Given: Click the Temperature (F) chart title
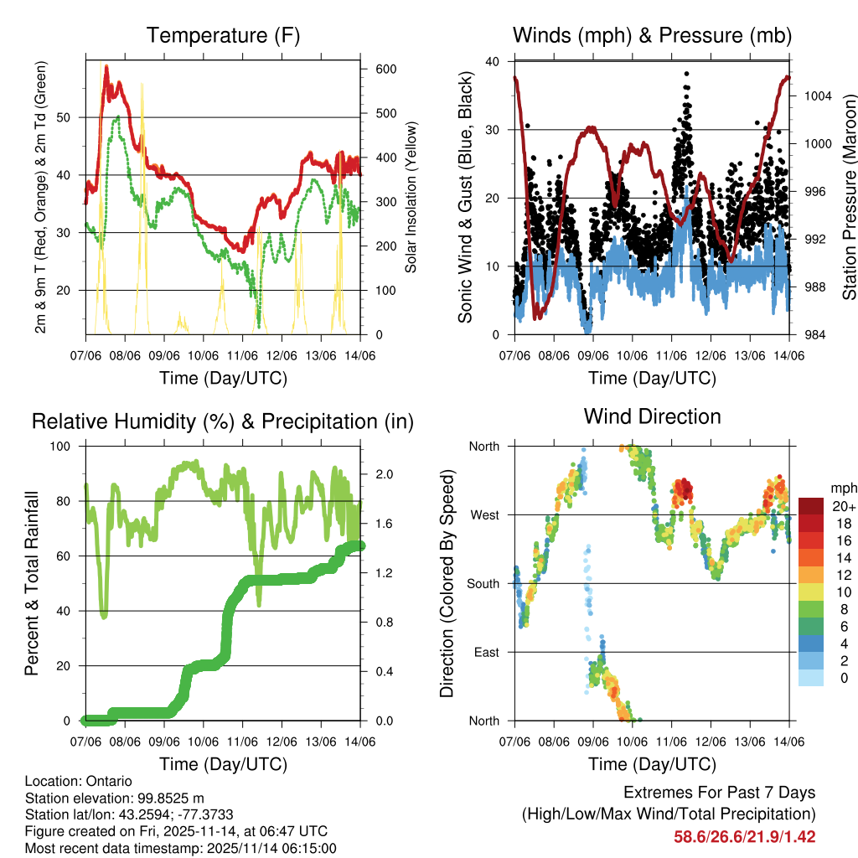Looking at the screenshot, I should (223, 36).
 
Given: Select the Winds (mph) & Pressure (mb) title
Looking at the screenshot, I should (652, 36).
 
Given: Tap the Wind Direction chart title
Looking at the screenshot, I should (652, 416).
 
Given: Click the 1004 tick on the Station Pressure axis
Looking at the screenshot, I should (814, 96).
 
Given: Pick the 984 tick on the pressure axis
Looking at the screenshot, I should (811, 335).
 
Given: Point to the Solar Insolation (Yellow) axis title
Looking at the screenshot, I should (411, 198).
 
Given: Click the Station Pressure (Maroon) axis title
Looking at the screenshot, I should (848, 197).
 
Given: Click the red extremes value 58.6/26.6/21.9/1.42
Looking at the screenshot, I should (744, 836).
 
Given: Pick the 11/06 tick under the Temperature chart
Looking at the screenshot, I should (243, 356).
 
